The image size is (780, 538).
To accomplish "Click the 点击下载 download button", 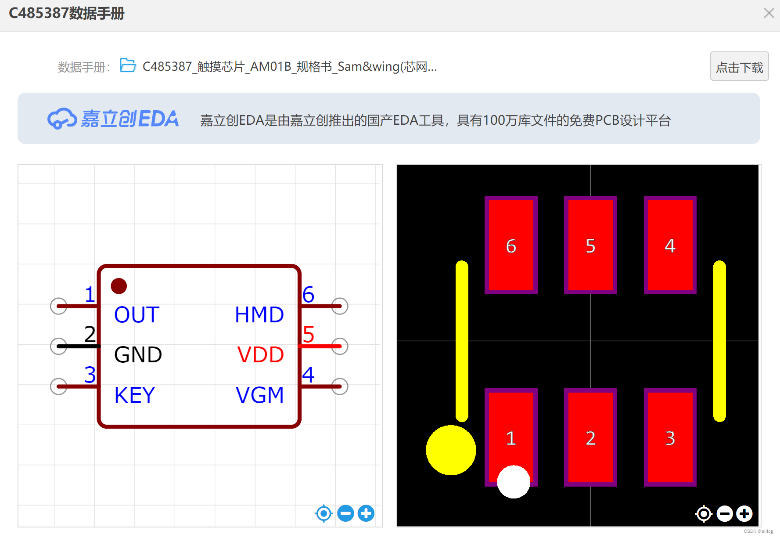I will [739, 67].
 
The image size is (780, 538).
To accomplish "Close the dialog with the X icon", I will [769, 13].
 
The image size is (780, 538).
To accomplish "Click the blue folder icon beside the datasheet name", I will [128, 65].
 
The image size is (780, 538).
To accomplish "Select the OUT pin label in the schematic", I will [137, 315].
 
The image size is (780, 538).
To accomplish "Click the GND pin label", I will [138, 355].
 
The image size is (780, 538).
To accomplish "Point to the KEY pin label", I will [135, 395].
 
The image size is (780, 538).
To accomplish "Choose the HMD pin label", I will [259, 315].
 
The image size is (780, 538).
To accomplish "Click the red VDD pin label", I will [261, 355].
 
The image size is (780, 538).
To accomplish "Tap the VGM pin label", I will [260, 395].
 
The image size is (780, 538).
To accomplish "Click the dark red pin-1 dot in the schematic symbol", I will [119, 286].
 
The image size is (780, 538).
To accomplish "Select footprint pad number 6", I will [511, 245].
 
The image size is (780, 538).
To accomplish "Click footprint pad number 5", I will [590, 245].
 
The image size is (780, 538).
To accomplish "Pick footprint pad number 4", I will [670, 245].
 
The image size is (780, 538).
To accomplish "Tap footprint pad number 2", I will [590, 437].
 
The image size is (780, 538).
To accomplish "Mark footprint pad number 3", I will [670, 437].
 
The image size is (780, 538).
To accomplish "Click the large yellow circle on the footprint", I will [451, 450].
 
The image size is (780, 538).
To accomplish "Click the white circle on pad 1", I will [514, 482].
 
